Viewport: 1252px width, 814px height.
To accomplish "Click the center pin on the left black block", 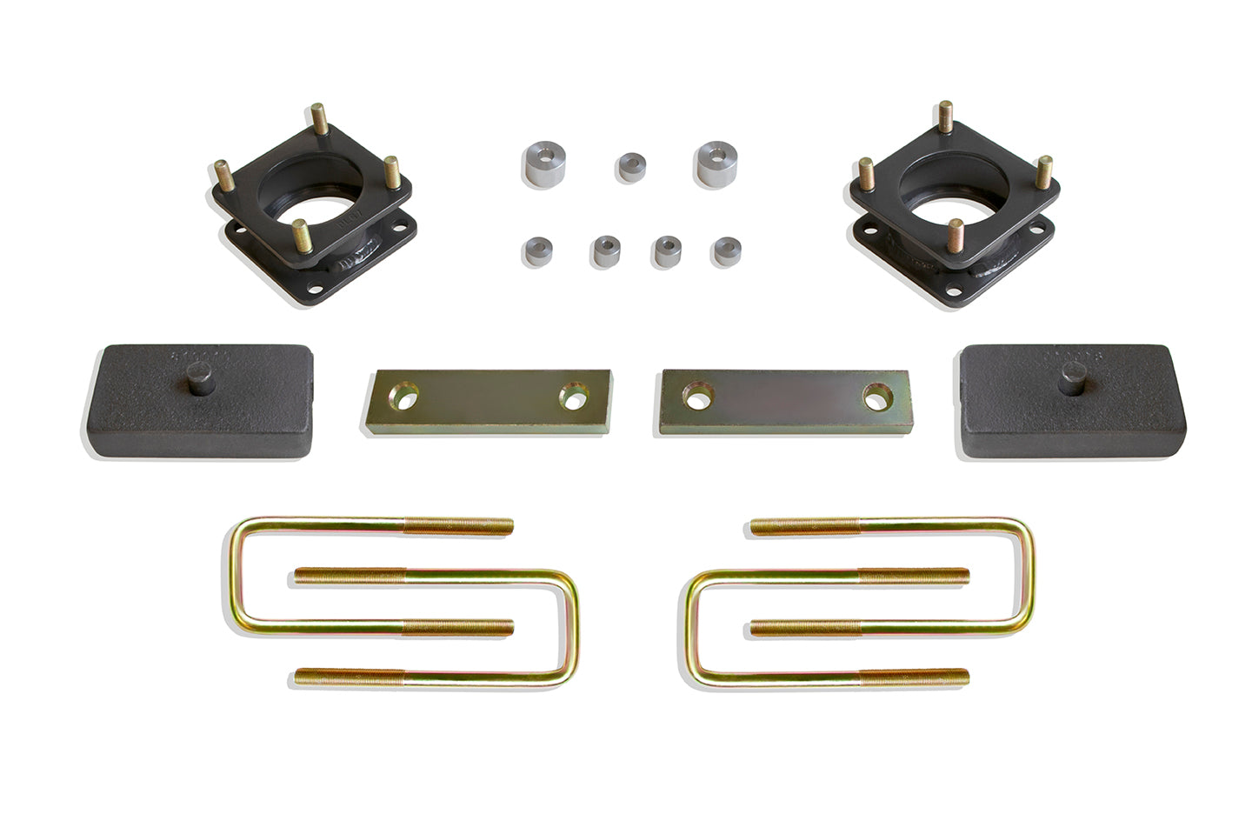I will click(x=201, y=384).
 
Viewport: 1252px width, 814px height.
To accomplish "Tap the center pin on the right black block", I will click(x=1069, y=383).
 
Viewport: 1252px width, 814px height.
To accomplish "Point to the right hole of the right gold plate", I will click(x=875, y=396).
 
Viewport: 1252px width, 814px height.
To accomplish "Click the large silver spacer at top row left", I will click(x=541, y=163).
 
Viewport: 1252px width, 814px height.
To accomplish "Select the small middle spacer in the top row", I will click(x=632, y=166).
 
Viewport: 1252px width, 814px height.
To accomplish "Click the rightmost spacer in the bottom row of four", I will click(x=726, y=250).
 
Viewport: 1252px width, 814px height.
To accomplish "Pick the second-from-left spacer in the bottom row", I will click(x=604, y=251).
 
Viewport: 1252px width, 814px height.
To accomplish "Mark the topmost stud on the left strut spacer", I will click(x=319, y=119).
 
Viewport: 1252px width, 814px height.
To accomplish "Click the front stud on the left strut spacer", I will click(x=301, y=235).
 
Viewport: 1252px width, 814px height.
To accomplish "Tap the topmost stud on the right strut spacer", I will click(x=945, y=117).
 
